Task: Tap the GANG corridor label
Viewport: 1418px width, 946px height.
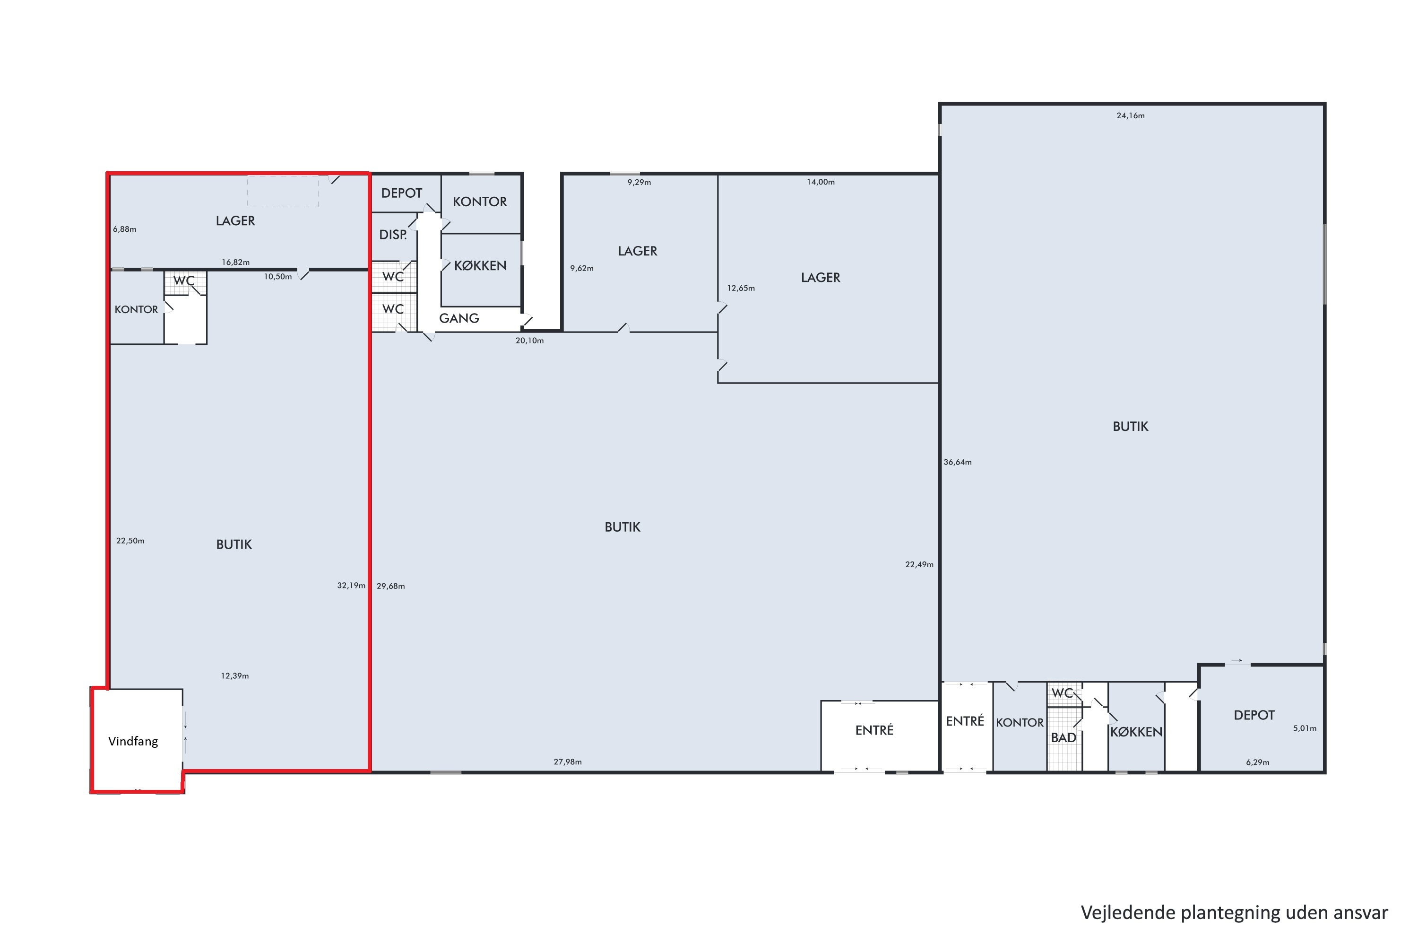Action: coord(459,318)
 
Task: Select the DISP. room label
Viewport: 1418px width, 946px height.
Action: coord(392,235)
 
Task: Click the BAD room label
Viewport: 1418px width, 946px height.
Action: coord(1063,737)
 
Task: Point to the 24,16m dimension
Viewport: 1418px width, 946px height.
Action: coord(1131,116)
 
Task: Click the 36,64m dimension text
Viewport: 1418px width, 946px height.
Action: coord(958,462)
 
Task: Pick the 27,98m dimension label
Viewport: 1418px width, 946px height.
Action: coord(567,762)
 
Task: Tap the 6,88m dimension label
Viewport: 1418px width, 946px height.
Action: coord(125,229)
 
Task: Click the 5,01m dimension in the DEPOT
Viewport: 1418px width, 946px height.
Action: coord(1305,728)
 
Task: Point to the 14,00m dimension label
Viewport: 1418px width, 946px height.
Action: coord(821,182)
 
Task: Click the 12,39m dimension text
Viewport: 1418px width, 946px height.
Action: coord(234,676)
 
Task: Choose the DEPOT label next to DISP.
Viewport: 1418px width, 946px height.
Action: coord(401,193)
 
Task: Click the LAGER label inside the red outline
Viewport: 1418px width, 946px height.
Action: coord(235,221)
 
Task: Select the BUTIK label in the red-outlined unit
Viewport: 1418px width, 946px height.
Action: coord(234,544)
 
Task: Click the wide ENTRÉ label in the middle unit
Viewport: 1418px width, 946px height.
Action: coord(874,730)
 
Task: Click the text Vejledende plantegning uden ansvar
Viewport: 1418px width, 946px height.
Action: coord(1234,912)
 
